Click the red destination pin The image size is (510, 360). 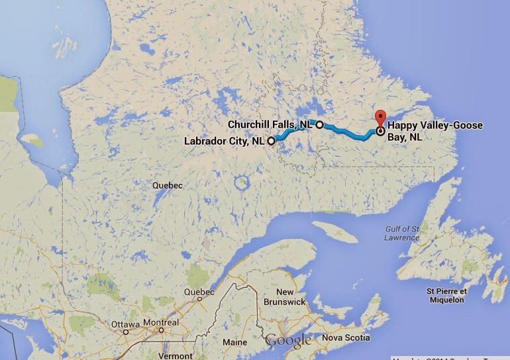[x=380, y=118]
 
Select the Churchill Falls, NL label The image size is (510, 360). [x=270, y=124]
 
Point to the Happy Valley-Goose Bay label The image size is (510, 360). [x=435, y=131]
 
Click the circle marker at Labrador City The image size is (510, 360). [x=272, y=141]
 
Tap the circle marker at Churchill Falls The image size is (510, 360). [x=319, y=124]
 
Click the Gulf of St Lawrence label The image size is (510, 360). [x=401, y=233]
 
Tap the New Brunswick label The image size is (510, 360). [x=285, y=296]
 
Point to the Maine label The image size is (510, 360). [x=234, y=342]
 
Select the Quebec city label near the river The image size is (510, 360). [x=199, y=292]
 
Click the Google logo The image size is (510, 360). [x=288, y=341]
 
